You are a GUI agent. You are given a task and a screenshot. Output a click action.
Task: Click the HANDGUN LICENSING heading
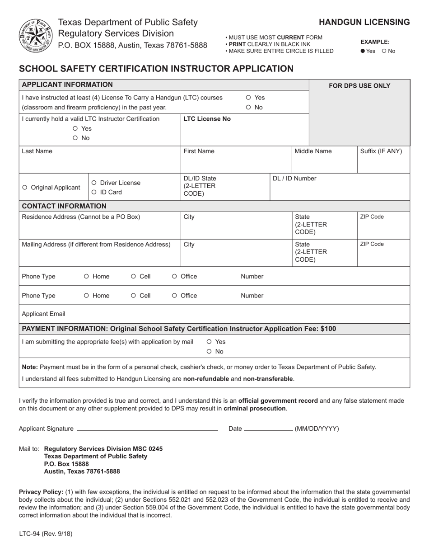(x=364, y=22)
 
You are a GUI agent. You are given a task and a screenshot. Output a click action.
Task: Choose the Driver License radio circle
(x=94, y=183)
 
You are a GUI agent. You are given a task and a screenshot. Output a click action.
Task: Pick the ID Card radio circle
(x=94, y=192)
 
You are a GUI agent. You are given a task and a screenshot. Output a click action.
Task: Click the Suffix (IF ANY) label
(x=381, y=151)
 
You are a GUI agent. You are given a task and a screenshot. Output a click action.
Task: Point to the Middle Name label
(x=313, y=151)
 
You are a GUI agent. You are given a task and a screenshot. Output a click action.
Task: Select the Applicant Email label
(x=44, y=314)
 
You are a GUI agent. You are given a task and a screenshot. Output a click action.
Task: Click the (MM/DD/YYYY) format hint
(x=317, y=429)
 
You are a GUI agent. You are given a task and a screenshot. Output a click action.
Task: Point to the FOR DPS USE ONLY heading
(x=359, y=86)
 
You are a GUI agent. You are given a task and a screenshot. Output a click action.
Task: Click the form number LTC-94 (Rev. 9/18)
(x=45, y=533)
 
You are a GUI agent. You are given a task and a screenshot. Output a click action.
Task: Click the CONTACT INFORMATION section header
(x=64, y=206)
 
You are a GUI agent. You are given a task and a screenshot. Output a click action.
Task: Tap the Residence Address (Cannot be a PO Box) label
(x=81, y=217)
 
